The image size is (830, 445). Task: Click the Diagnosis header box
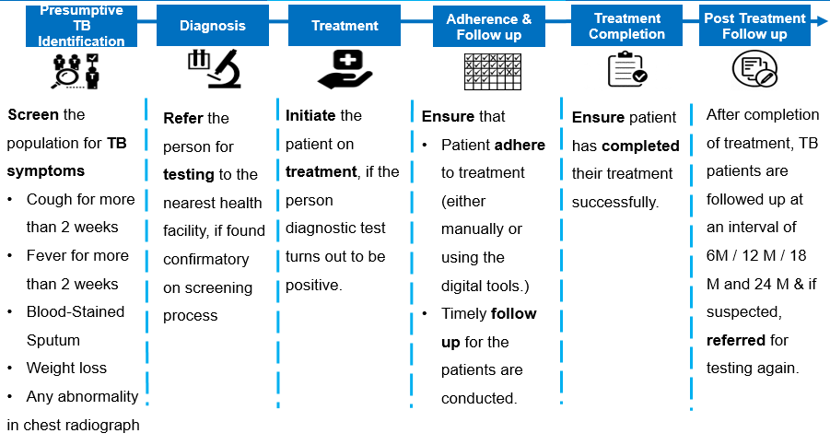tap(212, 26)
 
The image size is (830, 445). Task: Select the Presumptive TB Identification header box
tap(81, 26)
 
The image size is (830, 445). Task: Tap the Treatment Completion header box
tap(626, 26)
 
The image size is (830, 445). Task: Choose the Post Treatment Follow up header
tap(754, 26)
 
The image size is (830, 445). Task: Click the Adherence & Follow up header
tap(488, 27)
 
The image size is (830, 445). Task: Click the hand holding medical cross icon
tap(345, 69)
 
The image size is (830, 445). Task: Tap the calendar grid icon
tap(493, 72)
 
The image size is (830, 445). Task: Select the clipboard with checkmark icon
tap(627, 69)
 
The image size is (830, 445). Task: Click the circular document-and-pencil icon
tap(754, 69)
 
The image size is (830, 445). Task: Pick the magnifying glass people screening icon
tap(76, 71)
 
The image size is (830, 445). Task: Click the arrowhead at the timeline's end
tap(821, 21)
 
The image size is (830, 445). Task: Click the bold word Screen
tap(33, 115)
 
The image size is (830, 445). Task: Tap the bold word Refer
tap(183, 118)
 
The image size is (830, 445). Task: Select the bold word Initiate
tap(310, 115)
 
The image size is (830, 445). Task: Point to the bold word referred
tap(736, 340)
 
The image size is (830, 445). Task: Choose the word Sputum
tap(53, 341)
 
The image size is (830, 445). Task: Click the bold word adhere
tap(520, 145)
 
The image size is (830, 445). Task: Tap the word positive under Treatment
tap(314, 286)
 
